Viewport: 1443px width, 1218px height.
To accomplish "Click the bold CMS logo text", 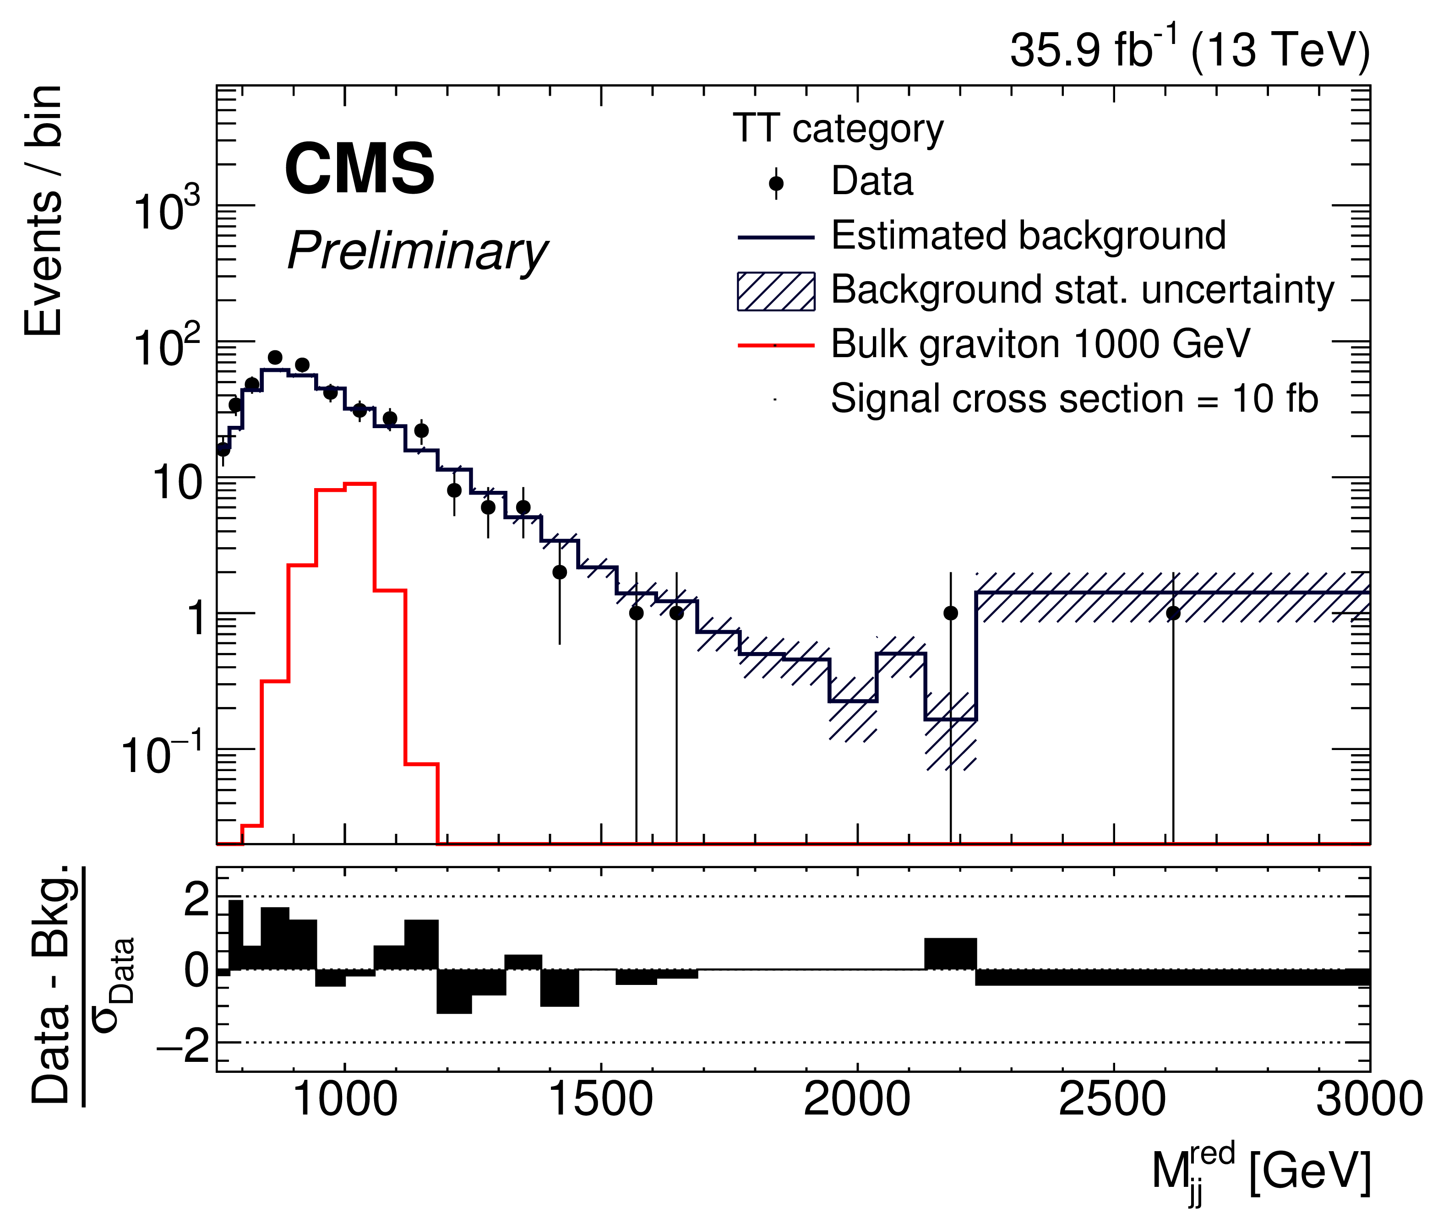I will (359, 169).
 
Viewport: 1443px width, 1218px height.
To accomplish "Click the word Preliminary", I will (417, 251).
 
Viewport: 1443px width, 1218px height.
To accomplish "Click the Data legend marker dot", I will (776, 184).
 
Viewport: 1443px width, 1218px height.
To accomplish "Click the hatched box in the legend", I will (776, 291).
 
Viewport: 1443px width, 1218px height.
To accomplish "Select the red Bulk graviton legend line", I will (776, 345).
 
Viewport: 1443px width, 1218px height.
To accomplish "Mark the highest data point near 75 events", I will (275, 357).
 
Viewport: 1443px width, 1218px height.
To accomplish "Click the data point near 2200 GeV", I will (951, 613).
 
